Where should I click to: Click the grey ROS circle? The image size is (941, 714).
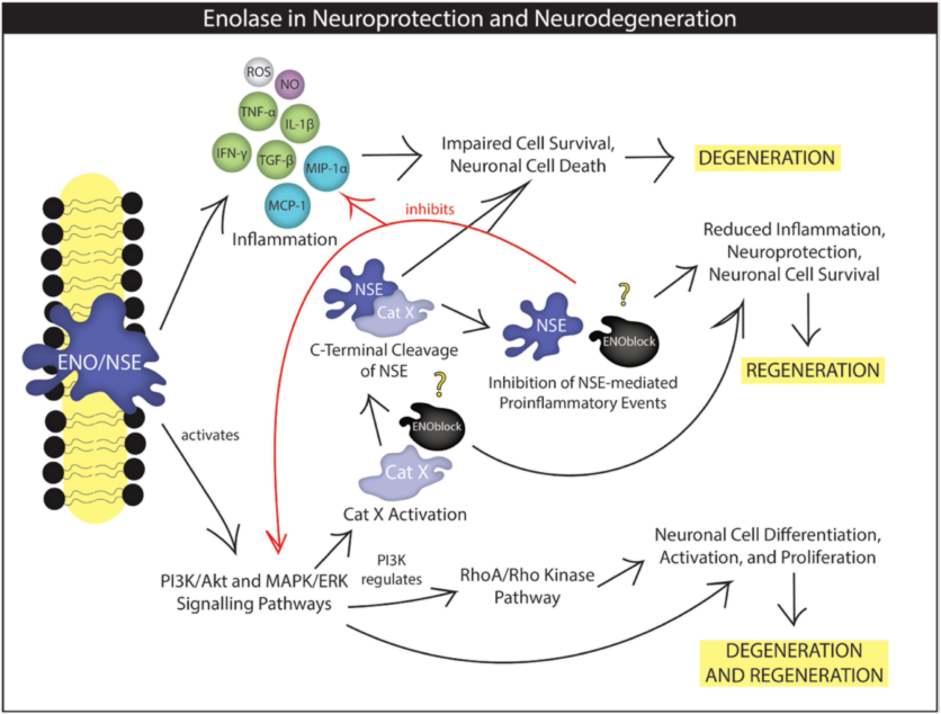[x=259, y=71]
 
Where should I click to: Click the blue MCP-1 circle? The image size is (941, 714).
[x=287, y=205]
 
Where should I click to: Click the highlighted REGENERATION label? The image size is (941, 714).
[x=812, y=370]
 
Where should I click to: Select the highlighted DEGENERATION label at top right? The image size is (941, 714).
[x=767, y=158]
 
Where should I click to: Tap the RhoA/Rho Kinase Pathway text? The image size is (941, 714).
[x=527, y=586]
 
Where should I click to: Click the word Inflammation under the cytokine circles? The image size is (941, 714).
[x=284, y=240]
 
